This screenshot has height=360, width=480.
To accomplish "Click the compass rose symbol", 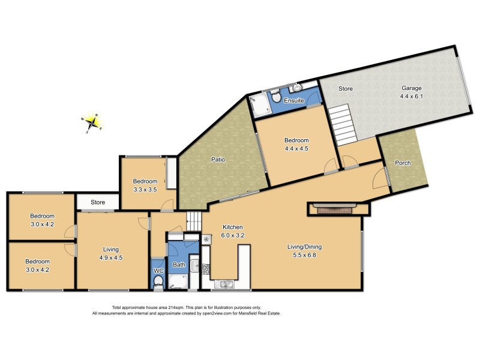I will click(92, 122).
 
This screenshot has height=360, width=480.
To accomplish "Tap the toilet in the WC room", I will click(158, 281).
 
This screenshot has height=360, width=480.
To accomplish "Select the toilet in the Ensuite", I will click(275, 96).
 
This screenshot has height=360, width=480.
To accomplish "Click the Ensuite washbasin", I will click(298, 88).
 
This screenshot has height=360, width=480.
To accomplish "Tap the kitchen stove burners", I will click(205, 269).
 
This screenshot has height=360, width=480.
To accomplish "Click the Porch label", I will click(403, 163).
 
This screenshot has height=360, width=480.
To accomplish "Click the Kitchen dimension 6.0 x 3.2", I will click(232, 235).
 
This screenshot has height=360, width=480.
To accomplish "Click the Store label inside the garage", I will click(346, 88).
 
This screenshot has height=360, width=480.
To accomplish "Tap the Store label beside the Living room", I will click(97, 202).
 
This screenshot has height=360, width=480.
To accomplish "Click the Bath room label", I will click(179, 264).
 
